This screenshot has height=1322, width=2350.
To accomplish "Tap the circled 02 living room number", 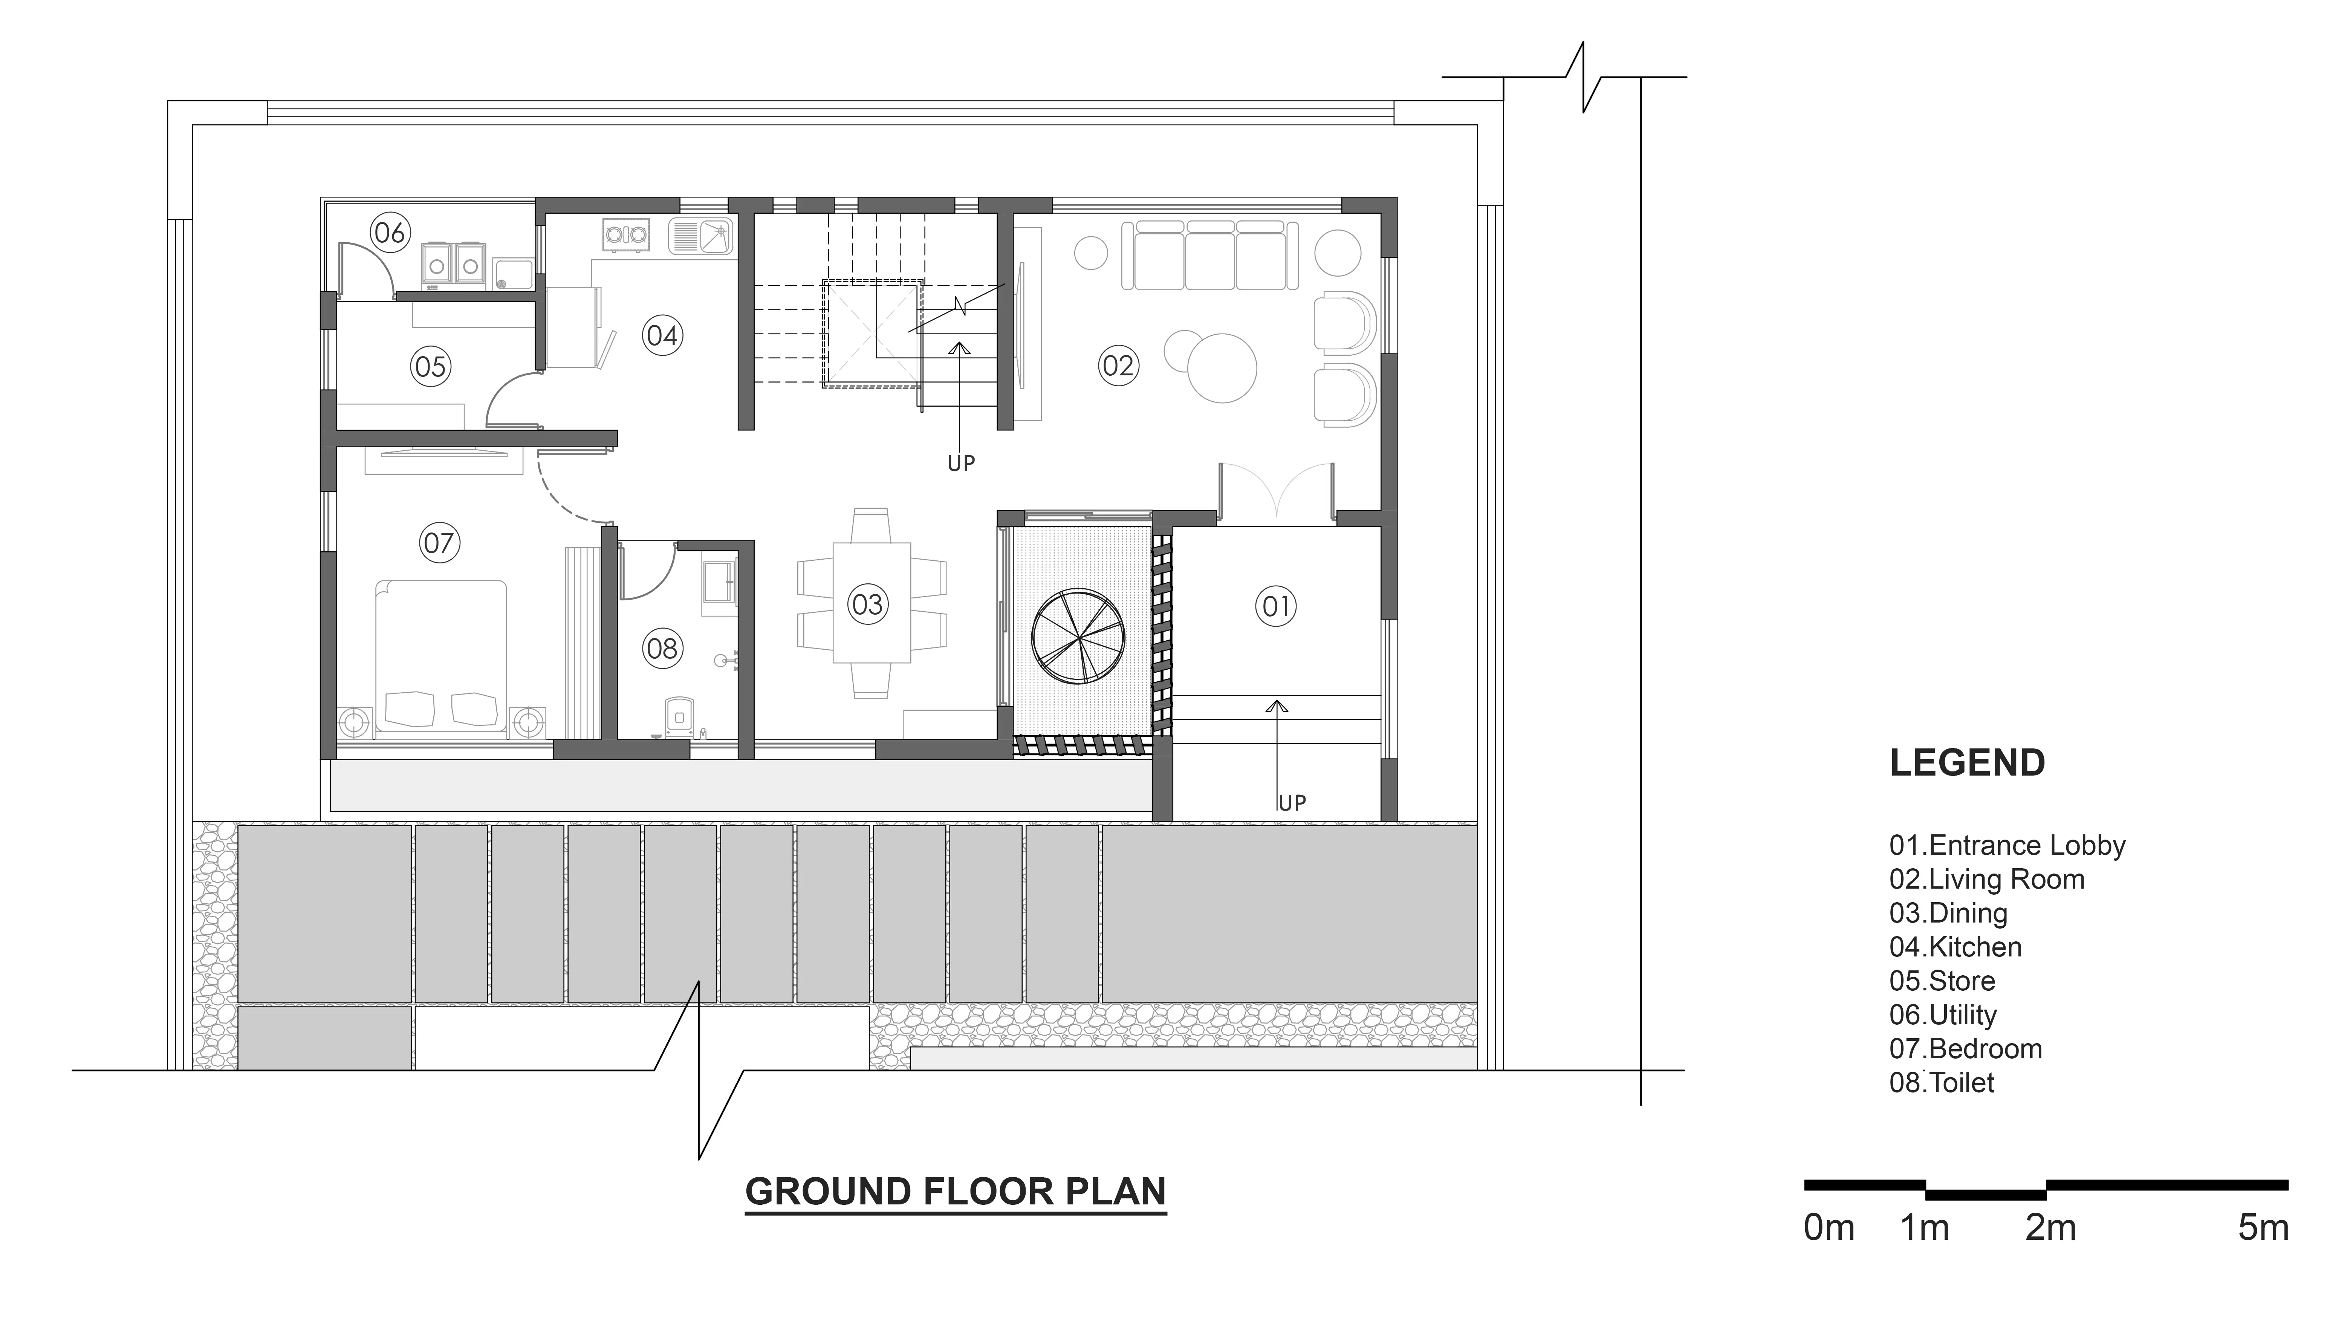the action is (1118, 366).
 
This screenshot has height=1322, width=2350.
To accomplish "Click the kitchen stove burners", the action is (626, 234).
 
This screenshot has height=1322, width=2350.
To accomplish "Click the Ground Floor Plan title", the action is (956, 1192).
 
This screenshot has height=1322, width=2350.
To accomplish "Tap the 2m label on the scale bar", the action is (2051, 1228).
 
